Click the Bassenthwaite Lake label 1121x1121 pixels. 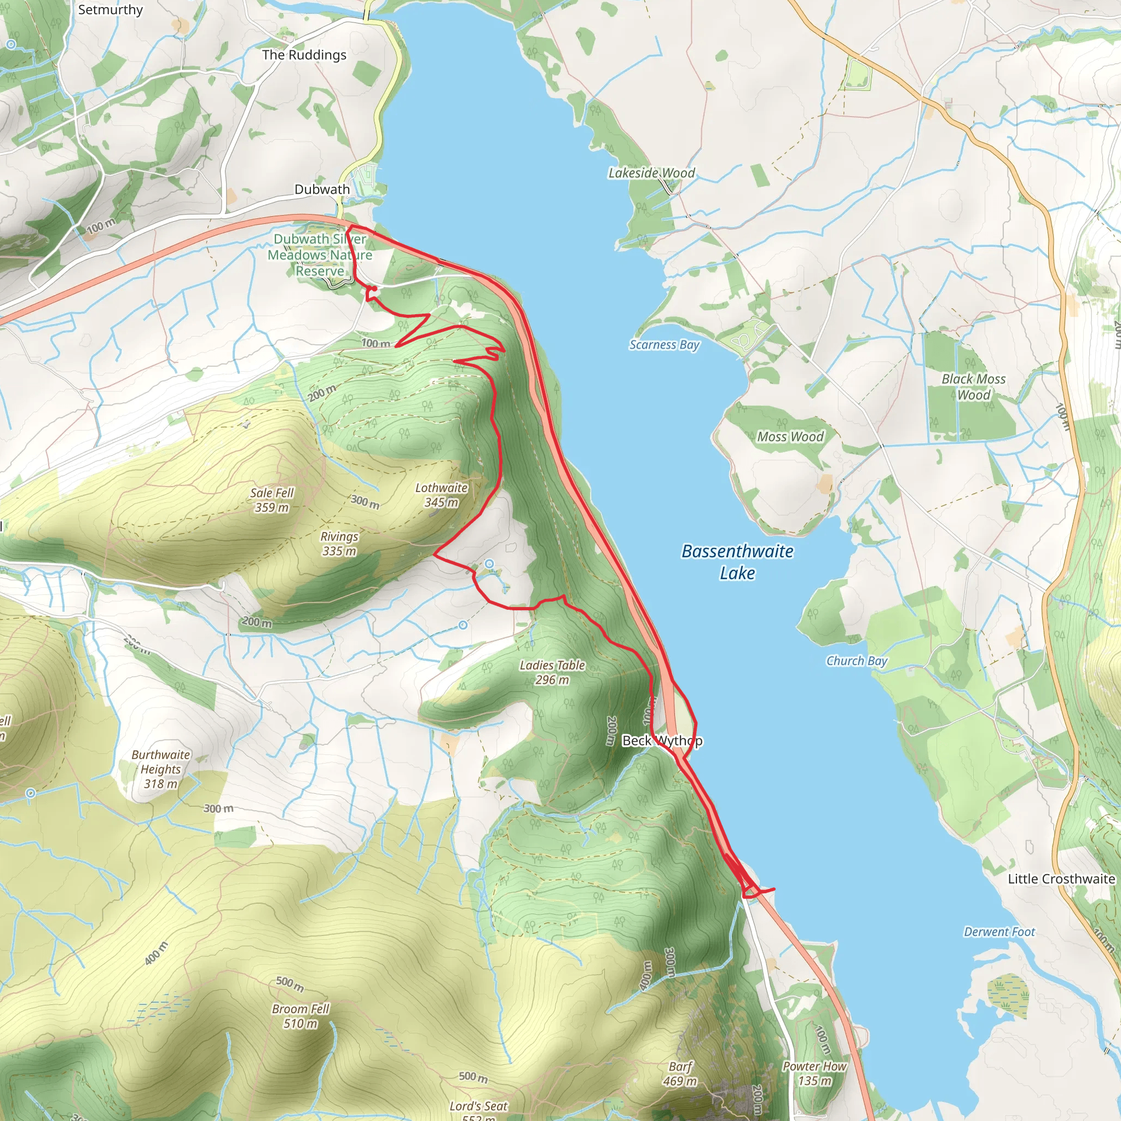(737, 561)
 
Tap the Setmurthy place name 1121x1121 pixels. (110, 10)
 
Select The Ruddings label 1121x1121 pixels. (304, 55)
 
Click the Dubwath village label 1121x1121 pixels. (322, 189)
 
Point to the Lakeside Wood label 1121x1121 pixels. (651, 173)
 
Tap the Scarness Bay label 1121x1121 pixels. (664, 345)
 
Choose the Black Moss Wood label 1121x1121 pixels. (973, 386)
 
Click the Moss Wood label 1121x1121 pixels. (790, 436)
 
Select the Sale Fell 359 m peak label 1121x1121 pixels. (271, 500)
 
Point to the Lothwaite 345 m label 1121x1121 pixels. (441, 495)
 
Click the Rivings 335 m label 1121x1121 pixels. (339, 544)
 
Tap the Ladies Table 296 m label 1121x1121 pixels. (552, 672)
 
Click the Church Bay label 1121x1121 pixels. (857, 660)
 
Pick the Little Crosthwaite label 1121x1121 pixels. (1061, 879)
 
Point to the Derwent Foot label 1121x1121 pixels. (998, 932)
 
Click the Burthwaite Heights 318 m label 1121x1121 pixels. (161, 769)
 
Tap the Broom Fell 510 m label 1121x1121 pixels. (300, 1016)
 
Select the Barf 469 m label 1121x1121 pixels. (680, 1073)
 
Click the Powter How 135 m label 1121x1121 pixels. (814, 1073)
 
